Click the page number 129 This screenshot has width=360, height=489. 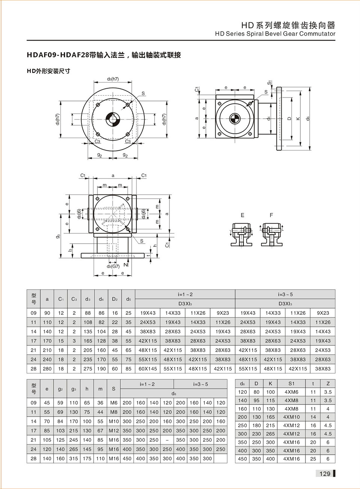pyautogui.click(x=325, y=474)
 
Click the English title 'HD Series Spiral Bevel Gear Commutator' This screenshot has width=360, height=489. pyautogui.click(x=275, y=34)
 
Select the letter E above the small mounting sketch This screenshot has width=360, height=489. pyautogui.click(x=242, y=215)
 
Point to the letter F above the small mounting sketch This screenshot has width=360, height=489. pyautogui.click(x=271, y=215)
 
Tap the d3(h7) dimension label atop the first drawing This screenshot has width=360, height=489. pyautogui.click(x=112, y=79)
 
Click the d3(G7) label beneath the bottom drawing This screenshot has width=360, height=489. pyautogui.click(x=113, y=266)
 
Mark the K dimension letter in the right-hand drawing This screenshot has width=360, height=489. pyautogui.click(x=298, y=119)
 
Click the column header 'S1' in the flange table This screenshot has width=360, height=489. pyautogui.click(x=291, y=384)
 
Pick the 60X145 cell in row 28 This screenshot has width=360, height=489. pyautogui.click(x=148, y=369)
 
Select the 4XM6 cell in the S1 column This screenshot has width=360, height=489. pyautogui.click(x=291, y=392)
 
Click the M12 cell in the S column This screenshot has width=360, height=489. pyautogui.click(x=114, y=431)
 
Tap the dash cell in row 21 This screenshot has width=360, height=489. pyautogui.click(x=167, y=440)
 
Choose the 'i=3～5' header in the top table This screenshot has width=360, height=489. pyautogui.click(x=285, y=295)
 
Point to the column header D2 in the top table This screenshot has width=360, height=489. pyautogui.click(x=115, y=299)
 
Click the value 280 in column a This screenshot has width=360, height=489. pyautogui.click(x=47, y=369)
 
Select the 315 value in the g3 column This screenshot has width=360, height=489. pyautogui.click(x=73, y=459)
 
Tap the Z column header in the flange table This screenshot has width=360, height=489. pyautogui.click(x=328, y=384)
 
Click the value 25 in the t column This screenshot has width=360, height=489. pyautogui.click(x=313, y=459)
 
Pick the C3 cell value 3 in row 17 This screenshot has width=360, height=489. pyautogui.click(x=74, y=341)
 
